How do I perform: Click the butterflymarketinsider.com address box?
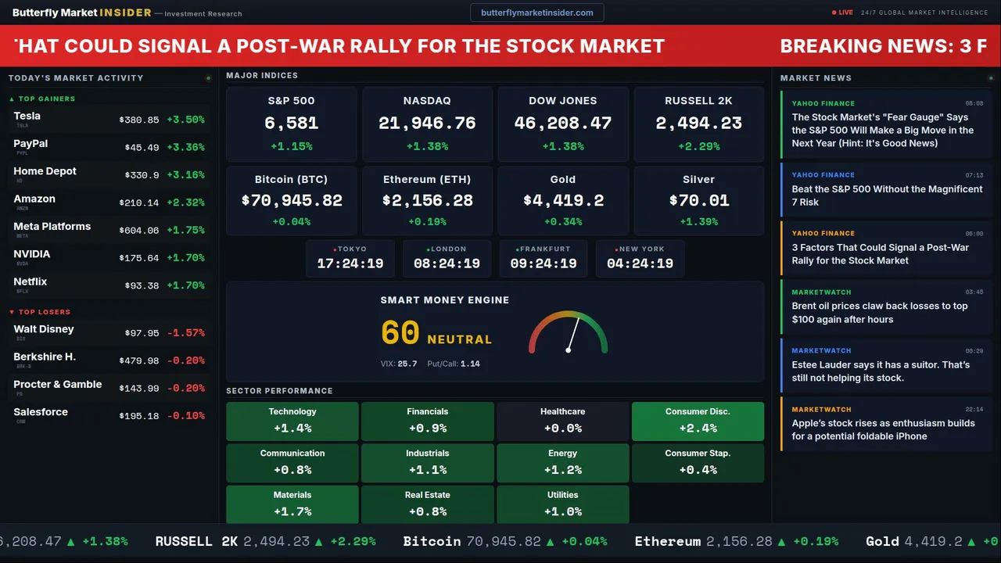[x=536, y=13]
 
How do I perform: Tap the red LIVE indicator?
[x=844, y=13]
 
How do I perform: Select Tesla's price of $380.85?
[x=139, y=120]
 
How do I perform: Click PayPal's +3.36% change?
[x=185, y=148]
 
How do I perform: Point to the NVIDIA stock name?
[x=32, y=254]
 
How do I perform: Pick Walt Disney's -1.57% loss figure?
[x=185, y=333]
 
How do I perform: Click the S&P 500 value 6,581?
[x=291, y=124]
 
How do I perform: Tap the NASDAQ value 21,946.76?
[x=427, y=124]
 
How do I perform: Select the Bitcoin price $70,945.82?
[x=292, y=200]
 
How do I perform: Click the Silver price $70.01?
[x=698, y=200]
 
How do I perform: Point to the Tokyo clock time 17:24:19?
[x=350, y=264]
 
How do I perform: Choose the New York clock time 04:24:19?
[x=640, y=264]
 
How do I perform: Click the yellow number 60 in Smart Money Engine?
[x=400, y=333]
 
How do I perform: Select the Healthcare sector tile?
[x=562, y=421]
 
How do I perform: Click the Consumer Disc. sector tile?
[x=698, y=421]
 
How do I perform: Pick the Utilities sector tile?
[x=562, y=504]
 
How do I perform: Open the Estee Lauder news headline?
[x=880, y=371]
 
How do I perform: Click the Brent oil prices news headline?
[x=879, y=313]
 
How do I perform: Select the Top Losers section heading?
[x=45, y=312]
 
